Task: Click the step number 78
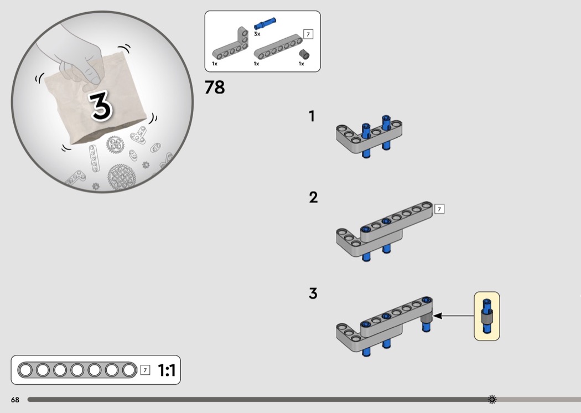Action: pyautogui.click(x=215, y=87)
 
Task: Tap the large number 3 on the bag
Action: pyautogui.click(x=100, y=106)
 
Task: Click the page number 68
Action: pyautogui.click(x=15, y=400)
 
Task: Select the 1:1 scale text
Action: pyautogui.click(x=167, y=370)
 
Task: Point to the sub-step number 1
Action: pyautogui.click(x=312, y=116)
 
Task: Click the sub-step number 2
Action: pyautogui.click(x=314, y=197)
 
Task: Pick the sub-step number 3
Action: pyautogui.click(x=313, y=293)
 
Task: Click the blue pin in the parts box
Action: pyautogui.click(x=264, y=23)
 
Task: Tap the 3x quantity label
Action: pyautogui.click(x=257, y=34)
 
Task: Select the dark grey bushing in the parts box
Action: pyautogui.click(x=304, y=54)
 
